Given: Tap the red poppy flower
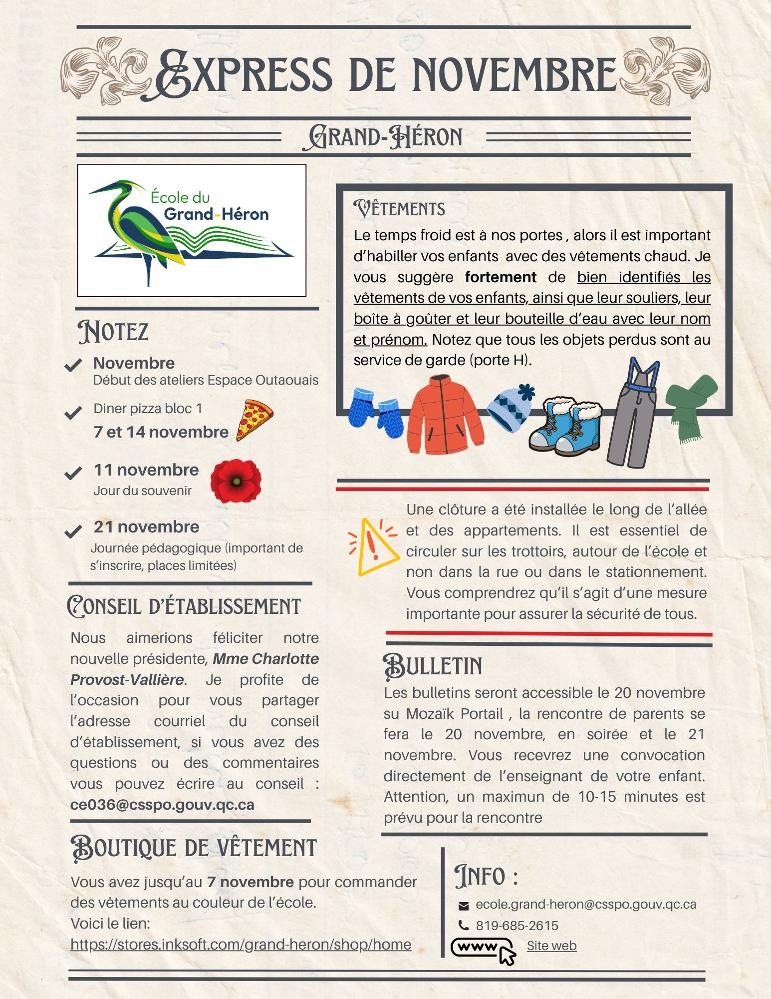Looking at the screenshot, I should pos(236,481).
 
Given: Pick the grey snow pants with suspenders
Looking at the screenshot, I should pos(631,415).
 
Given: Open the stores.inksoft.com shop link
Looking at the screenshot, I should pos(241,944).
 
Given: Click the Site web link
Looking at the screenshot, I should pos(551,946).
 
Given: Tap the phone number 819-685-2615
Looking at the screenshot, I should pos(516,926).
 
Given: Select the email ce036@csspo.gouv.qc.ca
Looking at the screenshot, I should pos(162,805).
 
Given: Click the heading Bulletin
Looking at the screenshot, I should pos(433,666).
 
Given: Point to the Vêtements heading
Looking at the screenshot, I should pos(399,209).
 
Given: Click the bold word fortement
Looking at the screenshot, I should pos(500,277).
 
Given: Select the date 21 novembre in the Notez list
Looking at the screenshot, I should pos(146,526).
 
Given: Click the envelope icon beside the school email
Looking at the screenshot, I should pos(464,905).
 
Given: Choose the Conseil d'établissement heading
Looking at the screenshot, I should pos(184,606).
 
